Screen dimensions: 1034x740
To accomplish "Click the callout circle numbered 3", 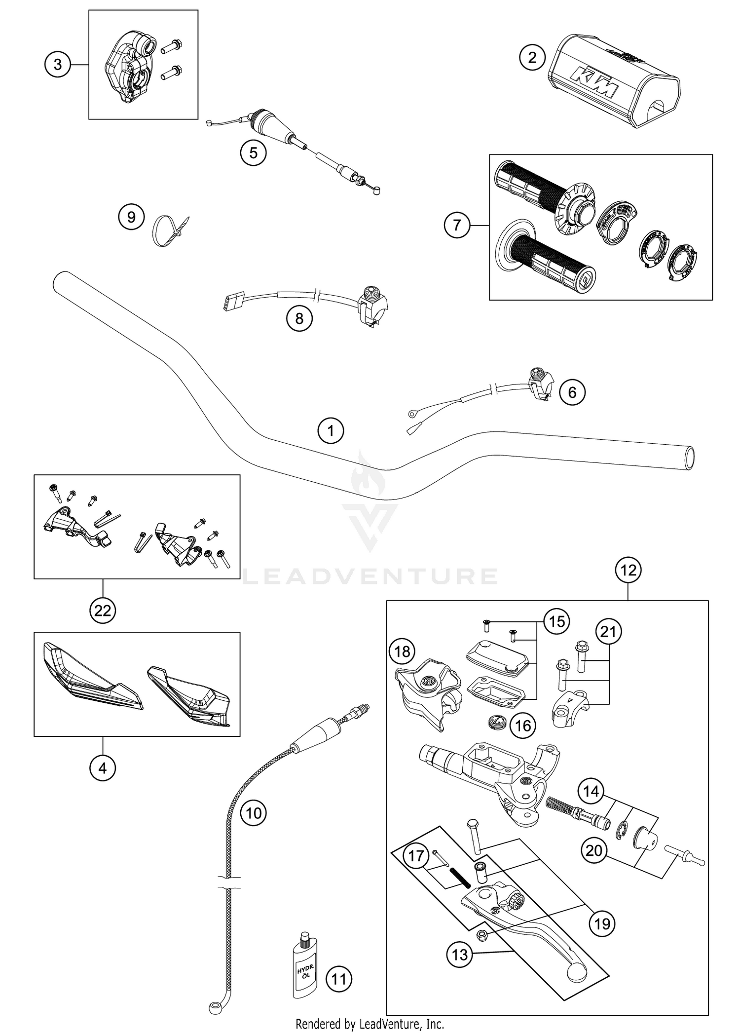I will (57, 65).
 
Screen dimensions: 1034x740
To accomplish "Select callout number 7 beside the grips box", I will (457, 226).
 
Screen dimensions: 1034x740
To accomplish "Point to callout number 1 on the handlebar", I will (331, 431).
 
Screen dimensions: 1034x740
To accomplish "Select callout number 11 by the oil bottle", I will (339, 978).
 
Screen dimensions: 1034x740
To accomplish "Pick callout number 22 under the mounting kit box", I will (103, 611).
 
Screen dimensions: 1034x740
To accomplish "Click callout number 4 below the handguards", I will (103, 768).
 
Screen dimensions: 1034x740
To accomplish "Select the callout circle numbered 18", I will (402, 652).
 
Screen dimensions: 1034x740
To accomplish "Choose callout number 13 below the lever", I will (460, 955).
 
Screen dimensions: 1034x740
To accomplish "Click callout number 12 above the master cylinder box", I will (628, 571).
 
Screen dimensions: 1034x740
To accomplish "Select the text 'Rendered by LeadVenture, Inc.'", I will (370, 1024).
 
